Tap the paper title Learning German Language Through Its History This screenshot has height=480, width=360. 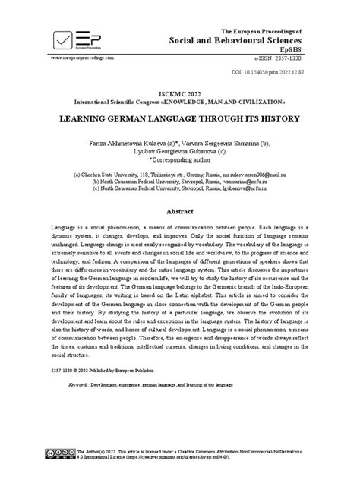coord(179,119)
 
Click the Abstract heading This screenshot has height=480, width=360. coord(179,210)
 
